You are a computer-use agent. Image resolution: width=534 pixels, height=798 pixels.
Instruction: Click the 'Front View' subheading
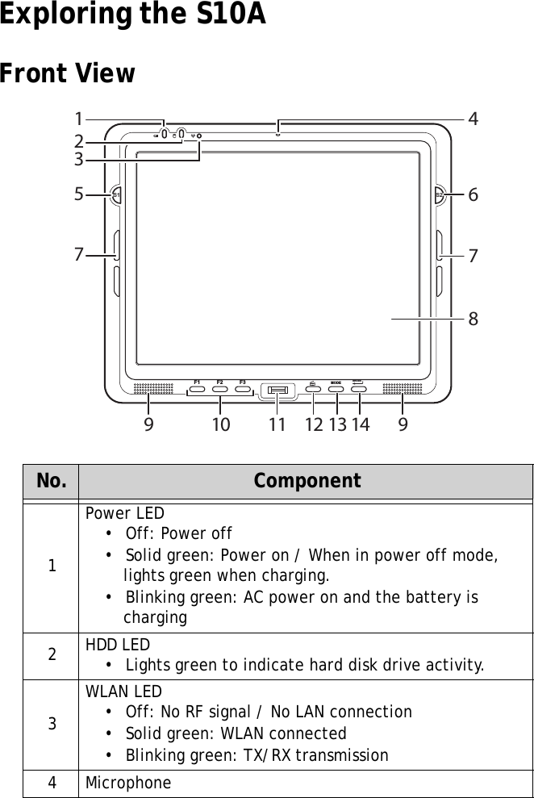(68, 74)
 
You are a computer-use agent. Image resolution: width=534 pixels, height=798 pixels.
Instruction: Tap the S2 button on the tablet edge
(439, 194)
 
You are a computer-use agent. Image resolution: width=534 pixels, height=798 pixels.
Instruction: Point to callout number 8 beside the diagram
(473, 320)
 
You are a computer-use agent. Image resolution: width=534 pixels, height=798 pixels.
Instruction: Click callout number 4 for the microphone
(473, 119)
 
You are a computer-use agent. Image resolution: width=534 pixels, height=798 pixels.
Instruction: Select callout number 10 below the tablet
(220, 424)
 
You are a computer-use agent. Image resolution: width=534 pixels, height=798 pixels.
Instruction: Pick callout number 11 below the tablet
(277, 424)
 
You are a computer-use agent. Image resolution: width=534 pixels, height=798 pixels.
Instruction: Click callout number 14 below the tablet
(360, 424)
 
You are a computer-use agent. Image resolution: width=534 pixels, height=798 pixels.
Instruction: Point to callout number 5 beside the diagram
(78, 194)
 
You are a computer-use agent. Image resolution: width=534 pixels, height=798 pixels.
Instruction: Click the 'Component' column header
(307, 482)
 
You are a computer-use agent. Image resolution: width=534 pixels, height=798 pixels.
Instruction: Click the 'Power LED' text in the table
(125, 513)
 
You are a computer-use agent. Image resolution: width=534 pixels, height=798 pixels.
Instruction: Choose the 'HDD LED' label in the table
(121, 644)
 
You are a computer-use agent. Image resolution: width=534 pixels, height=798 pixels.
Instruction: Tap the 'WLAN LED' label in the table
(123, 691)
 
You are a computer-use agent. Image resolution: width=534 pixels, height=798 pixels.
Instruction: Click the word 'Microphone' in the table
(128, 783)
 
